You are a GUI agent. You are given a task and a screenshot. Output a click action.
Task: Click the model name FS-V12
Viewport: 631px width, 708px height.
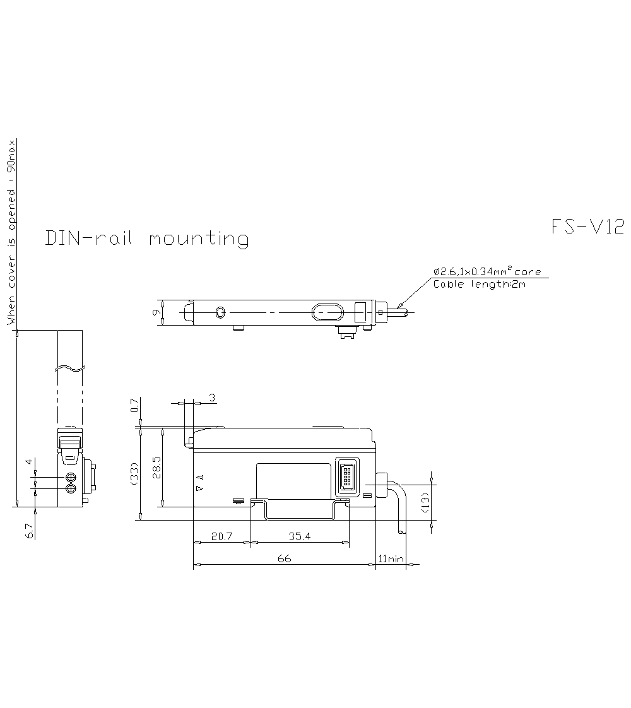[x=587, y=227]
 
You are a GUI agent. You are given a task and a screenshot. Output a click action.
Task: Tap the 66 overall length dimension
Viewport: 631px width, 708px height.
[x=284, y=559]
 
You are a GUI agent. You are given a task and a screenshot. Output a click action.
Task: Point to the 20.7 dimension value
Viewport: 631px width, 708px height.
[x=221, y=536]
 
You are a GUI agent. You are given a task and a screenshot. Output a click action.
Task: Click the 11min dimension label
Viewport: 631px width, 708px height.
[x=391, y=559]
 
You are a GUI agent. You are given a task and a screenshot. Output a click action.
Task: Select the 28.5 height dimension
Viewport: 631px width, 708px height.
[x=156, y=468]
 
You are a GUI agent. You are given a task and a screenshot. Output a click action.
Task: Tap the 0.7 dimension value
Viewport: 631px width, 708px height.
[x=134, y=405]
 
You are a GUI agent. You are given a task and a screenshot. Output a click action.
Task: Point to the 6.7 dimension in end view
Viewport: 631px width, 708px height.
[x=29, y=531]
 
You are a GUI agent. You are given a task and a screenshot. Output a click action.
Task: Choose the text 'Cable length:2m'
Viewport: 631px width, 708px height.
[x=480, y=284]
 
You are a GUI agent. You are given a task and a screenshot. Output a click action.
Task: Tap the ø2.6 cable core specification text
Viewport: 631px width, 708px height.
[x=487, y=271]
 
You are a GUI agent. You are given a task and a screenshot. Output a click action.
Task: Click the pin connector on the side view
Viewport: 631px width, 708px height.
[x=346, y=475]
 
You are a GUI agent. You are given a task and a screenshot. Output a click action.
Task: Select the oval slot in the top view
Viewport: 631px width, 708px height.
[x=327, y=312]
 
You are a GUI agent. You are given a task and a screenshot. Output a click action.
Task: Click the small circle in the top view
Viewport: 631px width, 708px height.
[x=220, y=312]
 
